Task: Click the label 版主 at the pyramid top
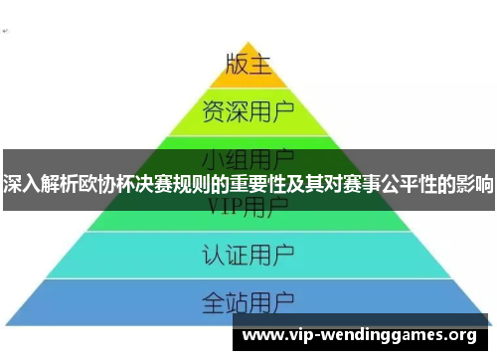pos(248,64)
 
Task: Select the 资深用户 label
pos(248,109)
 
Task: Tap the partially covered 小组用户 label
pos(248,156)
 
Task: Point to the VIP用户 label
pos(248,207)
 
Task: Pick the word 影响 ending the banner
pos(476,184)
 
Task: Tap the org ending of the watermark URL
pos(463,335)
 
